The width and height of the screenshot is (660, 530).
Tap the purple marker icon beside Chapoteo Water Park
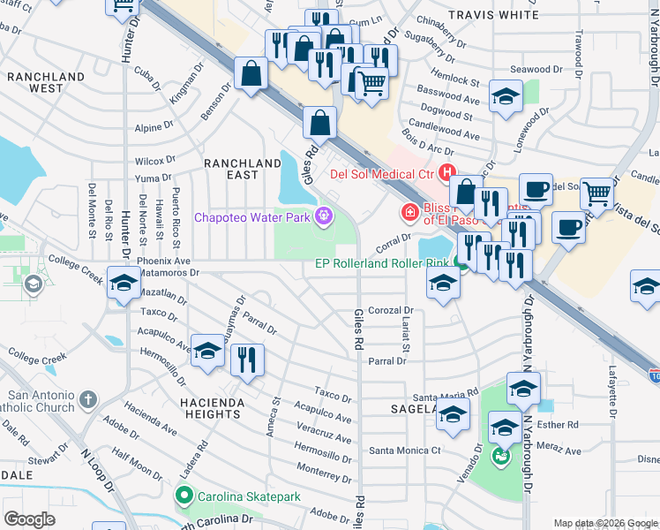point(324,215)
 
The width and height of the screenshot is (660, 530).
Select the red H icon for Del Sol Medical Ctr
point(447,172)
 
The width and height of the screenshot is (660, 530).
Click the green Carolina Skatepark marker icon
point(184,496)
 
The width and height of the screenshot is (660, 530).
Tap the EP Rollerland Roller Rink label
point(381,263)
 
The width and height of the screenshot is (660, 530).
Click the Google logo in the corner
point(29,519)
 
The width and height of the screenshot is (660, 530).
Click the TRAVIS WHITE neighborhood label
point(492,15)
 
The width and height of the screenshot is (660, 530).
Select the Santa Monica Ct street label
point(405,450)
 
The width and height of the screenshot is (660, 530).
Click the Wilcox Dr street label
point(155,162)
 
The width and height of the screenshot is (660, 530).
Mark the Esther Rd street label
point(561,424)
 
